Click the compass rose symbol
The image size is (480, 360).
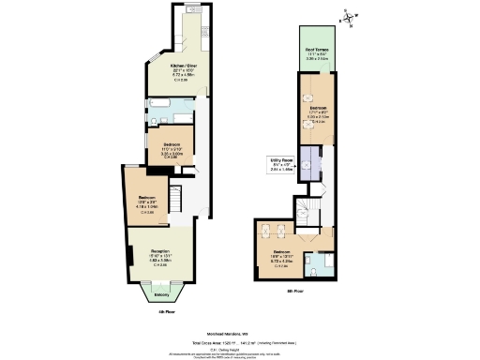(x=348, y=14)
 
